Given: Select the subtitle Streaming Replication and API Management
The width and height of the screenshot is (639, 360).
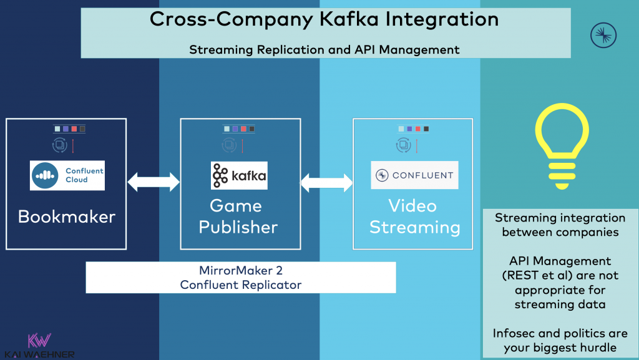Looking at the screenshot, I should coord(324,49).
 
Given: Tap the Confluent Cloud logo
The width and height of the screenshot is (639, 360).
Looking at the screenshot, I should coord(67,175).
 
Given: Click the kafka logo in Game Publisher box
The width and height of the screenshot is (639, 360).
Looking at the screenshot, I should coord(239,175).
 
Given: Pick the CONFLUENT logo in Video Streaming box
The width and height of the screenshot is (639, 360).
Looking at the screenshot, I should coord(414,175).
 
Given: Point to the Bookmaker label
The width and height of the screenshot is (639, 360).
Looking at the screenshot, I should coord(67,216).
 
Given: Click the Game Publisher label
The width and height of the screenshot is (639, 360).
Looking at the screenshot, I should coord(238,216).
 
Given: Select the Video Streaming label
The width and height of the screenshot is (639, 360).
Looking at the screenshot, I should coord(414,216).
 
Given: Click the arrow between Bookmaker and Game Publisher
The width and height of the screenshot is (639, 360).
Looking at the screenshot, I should coord(153,182).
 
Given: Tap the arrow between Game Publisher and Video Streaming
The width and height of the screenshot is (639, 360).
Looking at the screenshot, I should coord(328,182).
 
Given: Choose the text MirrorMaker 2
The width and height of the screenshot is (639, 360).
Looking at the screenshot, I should coord(240,271).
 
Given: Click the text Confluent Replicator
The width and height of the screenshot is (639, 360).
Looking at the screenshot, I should coord(240,285).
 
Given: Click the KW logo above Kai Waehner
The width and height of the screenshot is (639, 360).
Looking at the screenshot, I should coord(39,341).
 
